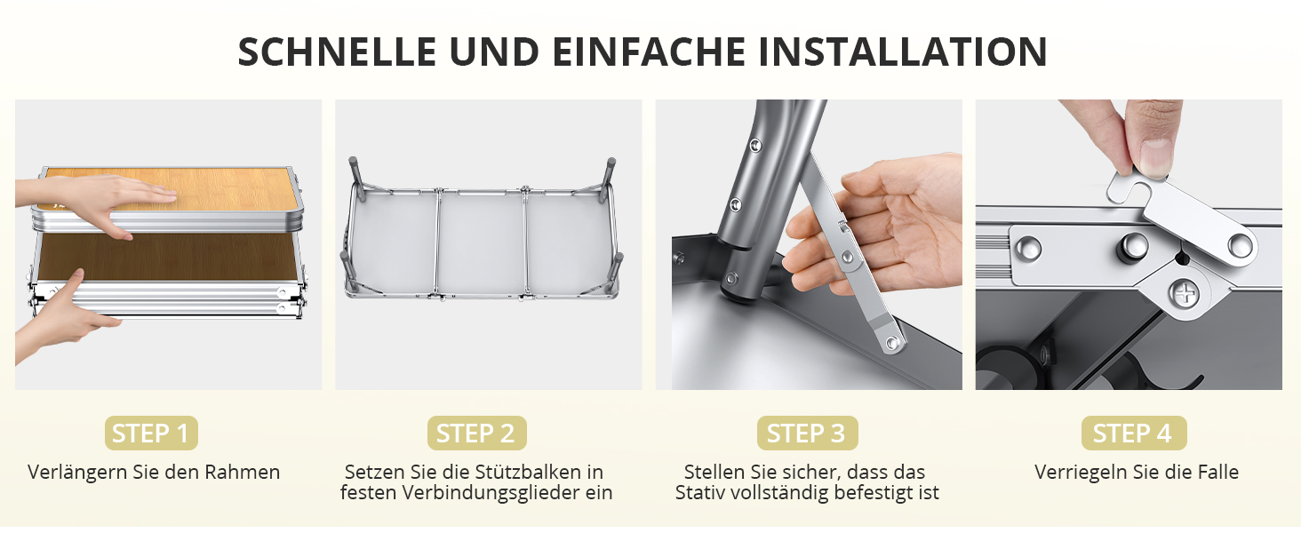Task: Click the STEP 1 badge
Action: [151, 434]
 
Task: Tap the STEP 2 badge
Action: [477, 434]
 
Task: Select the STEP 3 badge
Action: [807, 434]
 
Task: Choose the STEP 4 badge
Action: [1134, 434]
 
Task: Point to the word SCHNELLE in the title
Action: [337, 52]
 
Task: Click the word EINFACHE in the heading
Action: [649, 52]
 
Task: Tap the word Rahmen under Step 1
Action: [243, 472]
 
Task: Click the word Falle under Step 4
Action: [1218, 472]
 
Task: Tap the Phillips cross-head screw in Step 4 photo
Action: [1183, 293]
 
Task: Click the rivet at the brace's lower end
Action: [892, 344]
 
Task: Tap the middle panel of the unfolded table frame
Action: [482, 244]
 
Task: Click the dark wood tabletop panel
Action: [169, 257]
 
